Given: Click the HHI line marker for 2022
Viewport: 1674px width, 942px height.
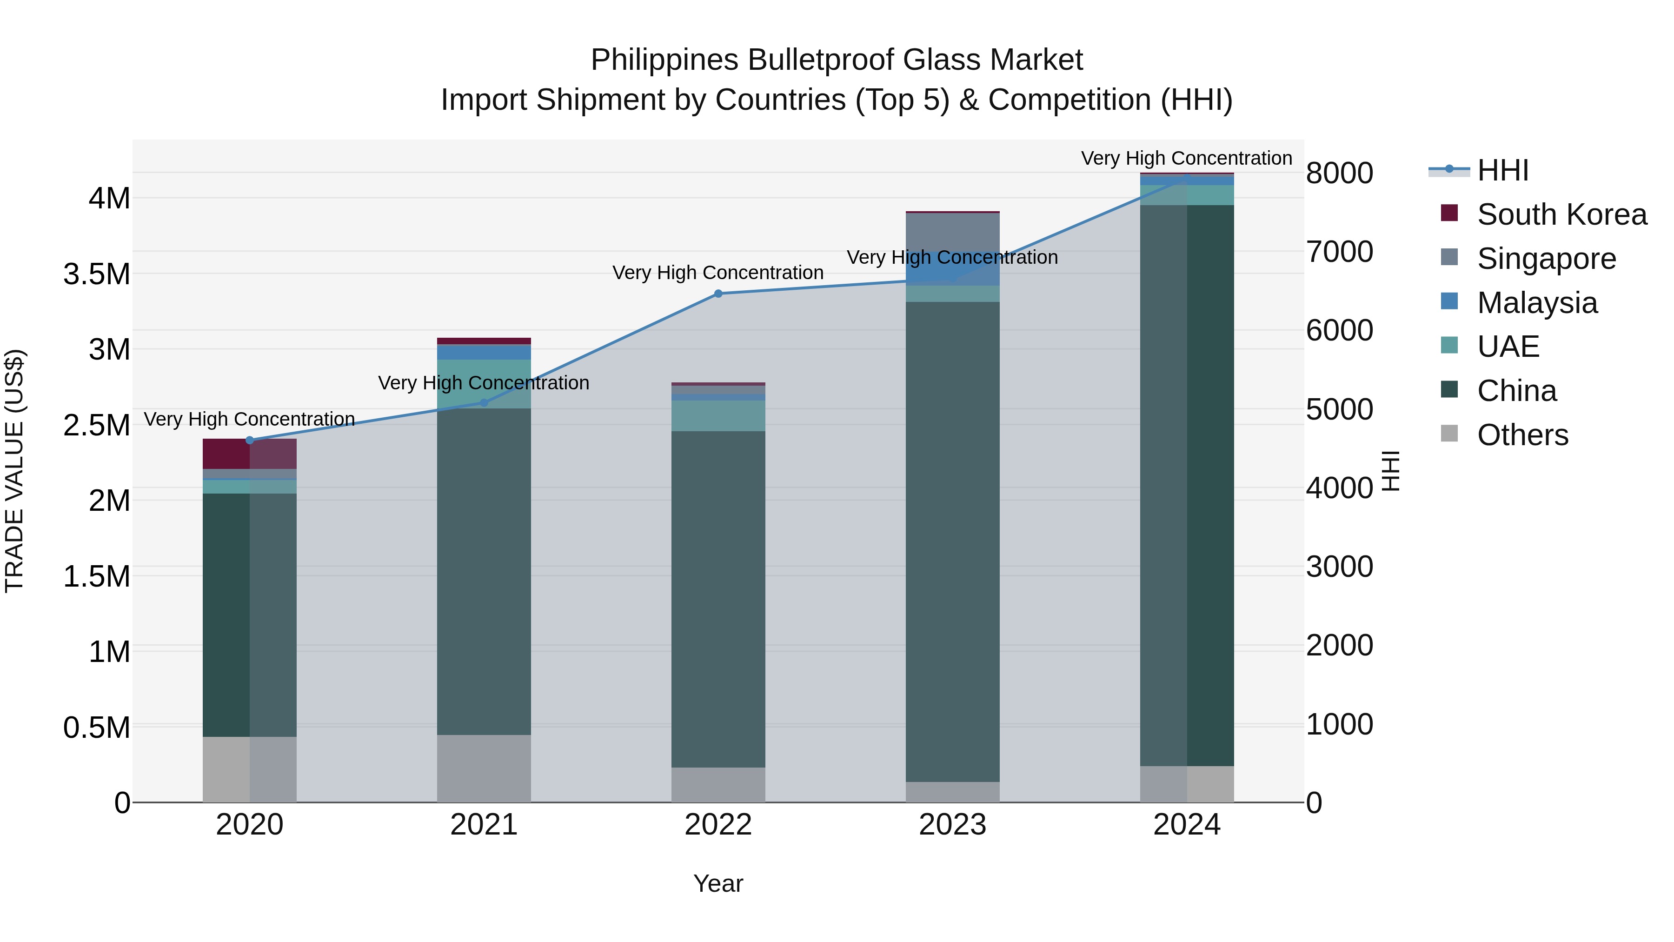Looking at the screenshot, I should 718,294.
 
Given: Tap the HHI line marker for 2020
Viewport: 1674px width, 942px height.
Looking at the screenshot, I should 250,440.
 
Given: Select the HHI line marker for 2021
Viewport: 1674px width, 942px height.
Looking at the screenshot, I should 484,403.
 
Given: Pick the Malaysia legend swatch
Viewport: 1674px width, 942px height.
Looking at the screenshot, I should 1449,301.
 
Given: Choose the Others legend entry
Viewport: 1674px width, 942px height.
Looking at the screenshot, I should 1522,435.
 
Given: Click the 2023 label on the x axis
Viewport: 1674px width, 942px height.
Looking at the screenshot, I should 952,825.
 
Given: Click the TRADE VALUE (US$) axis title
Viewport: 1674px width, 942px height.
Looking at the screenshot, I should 14,471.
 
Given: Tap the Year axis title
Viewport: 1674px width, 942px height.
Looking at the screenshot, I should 718,883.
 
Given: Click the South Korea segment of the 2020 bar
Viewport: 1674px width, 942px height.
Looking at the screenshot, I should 250,454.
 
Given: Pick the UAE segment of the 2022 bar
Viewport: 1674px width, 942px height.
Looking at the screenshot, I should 718,415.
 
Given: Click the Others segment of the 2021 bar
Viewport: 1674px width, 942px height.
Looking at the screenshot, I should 484,768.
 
